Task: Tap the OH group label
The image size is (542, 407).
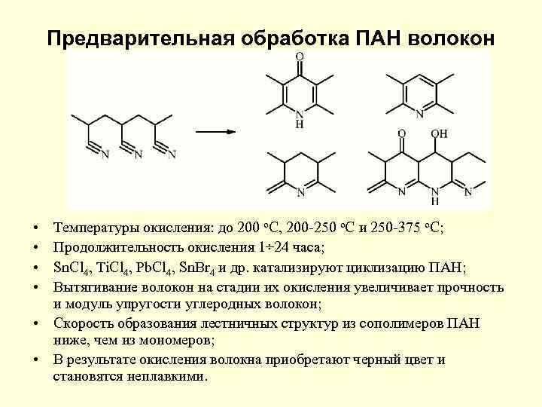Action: (x=440, y=133)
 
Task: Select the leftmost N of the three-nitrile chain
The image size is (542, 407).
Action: (x=104, y=155)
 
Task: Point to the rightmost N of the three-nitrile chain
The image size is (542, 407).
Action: (x=172, y=155)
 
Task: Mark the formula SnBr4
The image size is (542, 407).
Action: (x=202, y=267)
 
